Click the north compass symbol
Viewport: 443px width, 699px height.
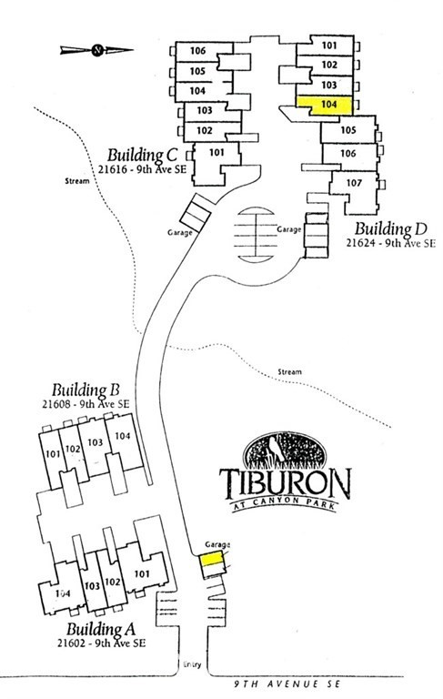tap(97, 50)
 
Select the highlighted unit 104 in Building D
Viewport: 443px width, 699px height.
tap(326, 106)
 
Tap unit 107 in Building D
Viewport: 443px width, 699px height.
tap(355, 187)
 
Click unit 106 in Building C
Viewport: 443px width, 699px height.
tap(204, 52)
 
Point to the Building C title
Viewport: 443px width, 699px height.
tap(142, 155)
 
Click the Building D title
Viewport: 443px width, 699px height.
tap(391, 228)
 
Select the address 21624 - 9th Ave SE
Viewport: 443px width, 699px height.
tap(390, 243)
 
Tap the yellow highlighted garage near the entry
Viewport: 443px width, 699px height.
tap(211, 559)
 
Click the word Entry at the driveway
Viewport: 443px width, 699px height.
tap(192, 664)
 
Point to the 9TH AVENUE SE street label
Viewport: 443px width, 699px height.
tap(287, 684)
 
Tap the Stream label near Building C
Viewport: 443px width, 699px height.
tap(76, 181)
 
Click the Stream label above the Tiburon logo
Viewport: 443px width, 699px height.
tap(289, 371)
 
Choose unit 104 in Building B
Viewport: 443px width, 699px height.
tap(123, 441)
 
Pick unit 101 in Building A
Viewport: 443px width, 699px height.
tap(142, 572)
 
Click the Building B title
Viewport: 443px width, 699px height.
tap(86, 390)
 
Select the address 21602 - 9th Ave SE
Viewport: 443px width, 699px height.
tap(101, 643)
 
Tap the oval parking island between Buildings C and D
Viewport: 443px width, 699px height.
tap(256, 235)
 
